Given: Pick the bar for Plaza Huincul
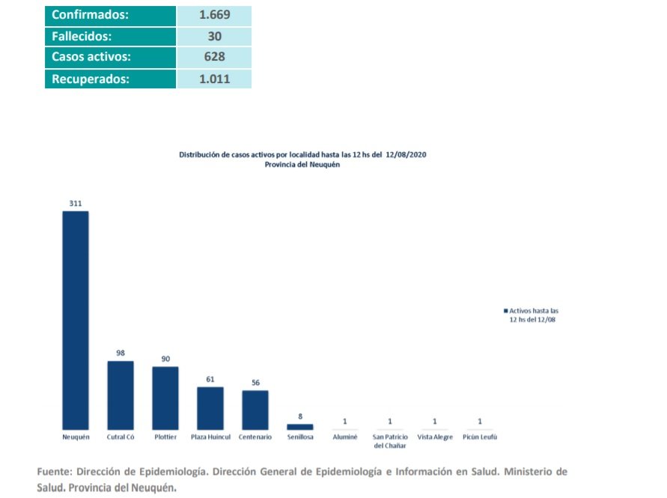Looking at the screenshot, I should tap(210, 407).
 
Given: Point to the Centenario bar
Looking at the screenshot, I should tap(255, 410).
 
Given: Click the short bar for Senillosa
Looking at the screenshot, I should tap(299, 426).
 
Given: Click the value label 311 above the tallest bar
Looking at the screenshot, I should tap(75, 203).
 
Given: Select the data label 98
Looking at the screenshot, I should tap(120, 353).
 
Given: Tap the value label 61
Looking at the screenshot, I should tap(210, 379).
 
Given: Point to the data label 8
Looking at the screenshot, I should tap(299, 416).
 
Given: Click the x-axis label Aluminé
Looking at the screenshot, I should tap(344, 437).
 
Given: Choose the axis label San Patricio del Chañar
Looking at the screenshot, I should tap(389, 441).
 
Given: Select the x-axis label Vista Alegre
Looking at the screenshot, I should tap(435, 437).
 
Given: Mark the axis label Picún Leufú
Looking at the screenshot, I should tap(480, 437).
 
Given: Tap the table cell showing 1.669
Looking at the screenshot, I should tap(214, 15).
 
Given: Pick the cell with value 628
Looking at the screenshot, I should tap(214, 57).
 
